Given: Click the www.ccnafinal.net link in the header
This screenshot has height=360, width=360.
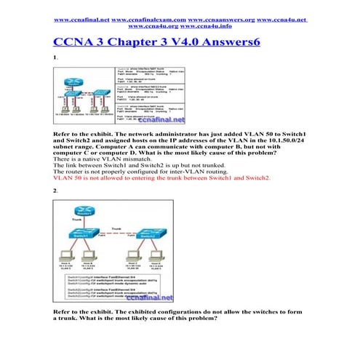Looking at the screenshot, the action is [x=87, y=15].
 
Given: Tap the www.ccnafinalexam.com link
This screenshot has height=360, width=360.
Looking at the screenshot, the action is [x=151, y=15].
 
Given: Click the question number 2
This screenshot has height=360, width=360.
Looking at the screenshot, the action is [x=55, y=190].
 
